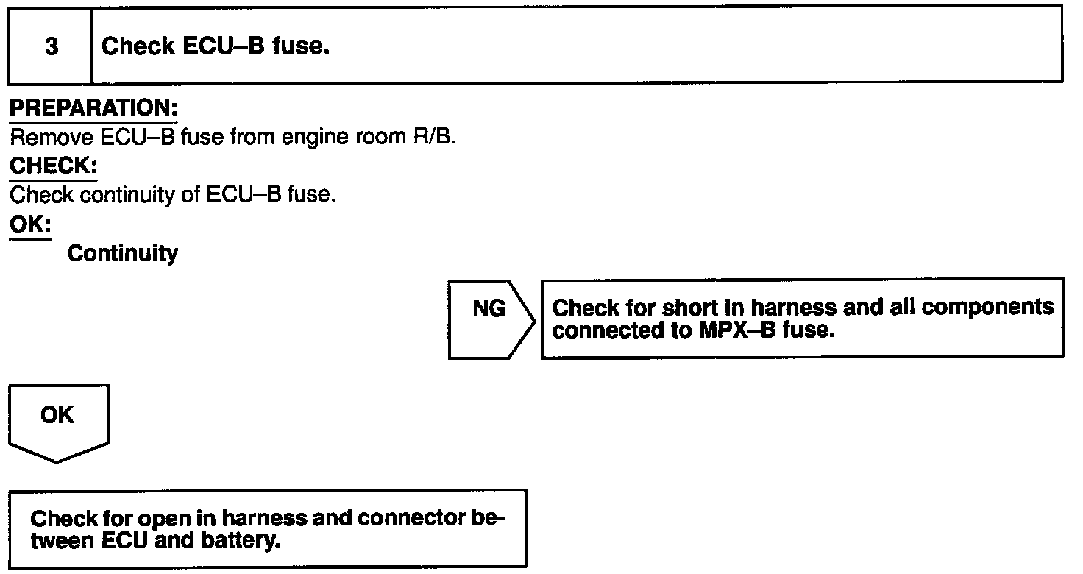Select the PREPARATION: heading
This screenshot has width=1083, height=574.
93,108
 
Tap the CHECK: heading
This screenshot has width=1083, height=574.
53,166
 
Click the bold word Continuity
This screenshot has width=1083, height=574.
122,254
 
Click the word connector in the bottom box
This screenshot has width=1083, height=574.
411,519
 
